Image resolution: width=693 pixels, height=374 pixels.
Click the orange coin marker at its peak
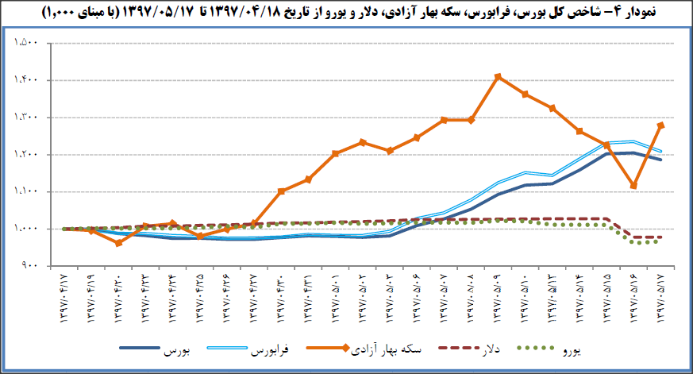[497, 77]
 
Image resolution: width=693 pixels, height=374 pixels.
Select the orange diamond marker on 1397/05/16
[633, 186]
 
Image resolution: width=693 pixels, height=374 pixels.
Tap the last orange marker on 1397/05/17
[660, 125]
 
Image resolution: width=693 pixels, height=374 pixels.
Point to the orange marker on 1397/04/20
[119, 243]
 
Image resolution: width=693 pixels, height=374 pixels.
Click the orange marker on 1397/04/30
[281, 191]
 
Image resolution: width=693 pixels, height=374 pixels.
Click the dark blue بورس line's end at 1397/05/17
[660, 160]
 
